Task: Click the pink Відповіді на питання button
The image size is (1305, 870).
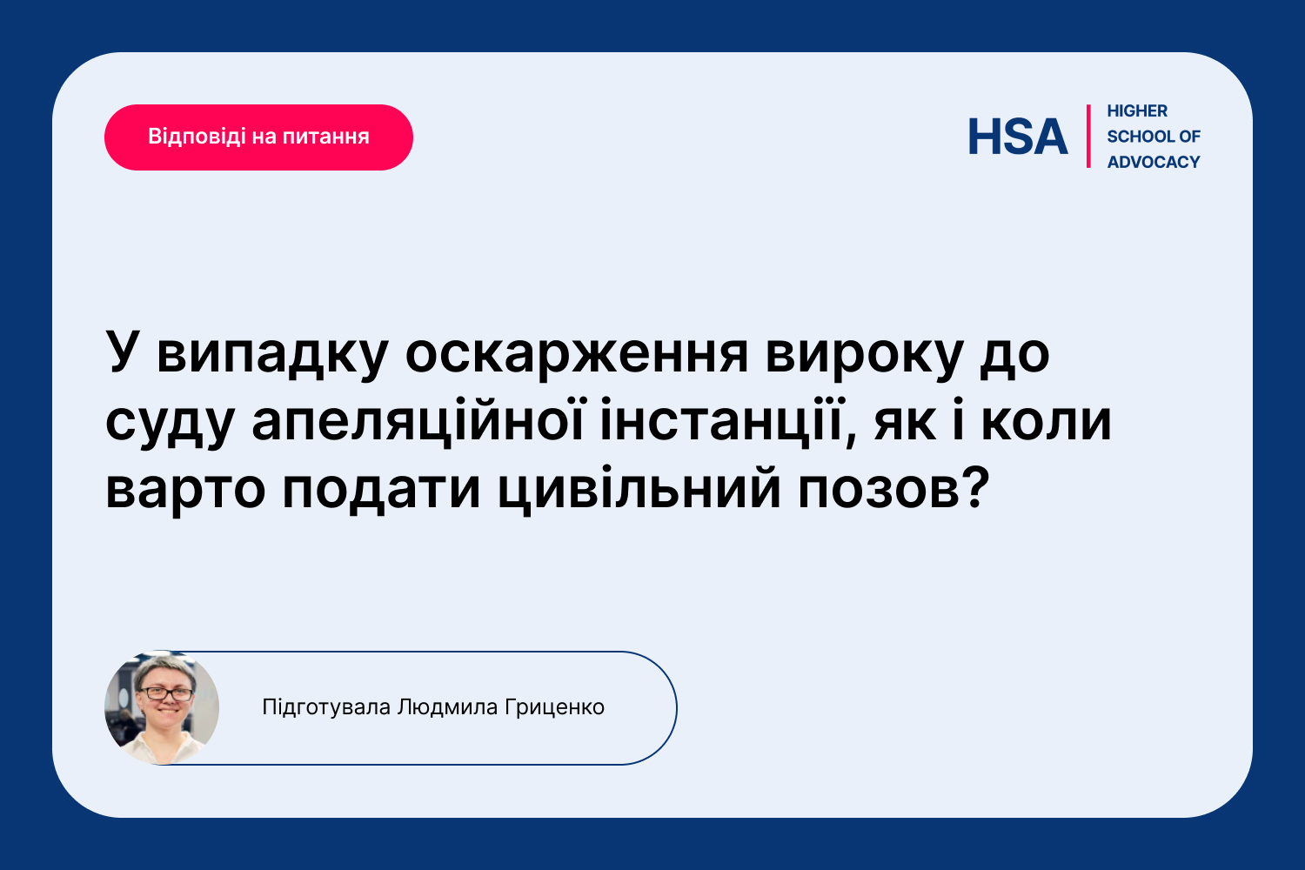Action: tap(258, 137)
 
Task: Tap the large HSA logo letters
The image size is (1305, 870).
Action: tap(1018, 137)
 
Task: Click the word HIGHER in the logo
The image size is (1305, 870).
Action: tap(1136, 110)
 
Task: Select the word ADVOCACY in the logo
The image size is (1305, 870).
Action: tap(1154, 162)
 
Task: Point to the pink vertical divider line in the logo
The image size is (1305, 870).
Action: tap(1088, 137)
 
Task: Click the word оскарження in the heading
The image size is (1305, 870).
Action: tap(576, 354)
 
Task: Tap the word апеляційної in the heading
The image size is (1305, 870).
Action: tap(418, 421)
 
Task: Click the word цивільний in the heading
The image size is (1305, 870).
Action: tap(639, 488)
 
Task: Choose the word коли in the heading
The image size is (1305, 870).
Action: tap(1047, 422)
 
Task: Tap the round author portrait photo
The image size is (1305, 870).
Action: tap(162, 707)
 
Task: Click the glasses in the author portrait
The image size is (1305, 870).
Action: tap(167, 693)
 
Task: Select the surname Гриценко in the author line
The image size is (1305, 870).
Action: tap(555, 707)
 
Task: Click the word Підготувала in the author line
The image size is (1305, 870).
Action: tap(326, 707)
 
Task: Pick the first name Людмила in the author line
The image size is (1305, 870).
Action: tap(447, 707)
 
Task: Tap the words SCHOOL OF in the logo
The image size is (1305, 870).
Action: tap(1154, 137)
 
